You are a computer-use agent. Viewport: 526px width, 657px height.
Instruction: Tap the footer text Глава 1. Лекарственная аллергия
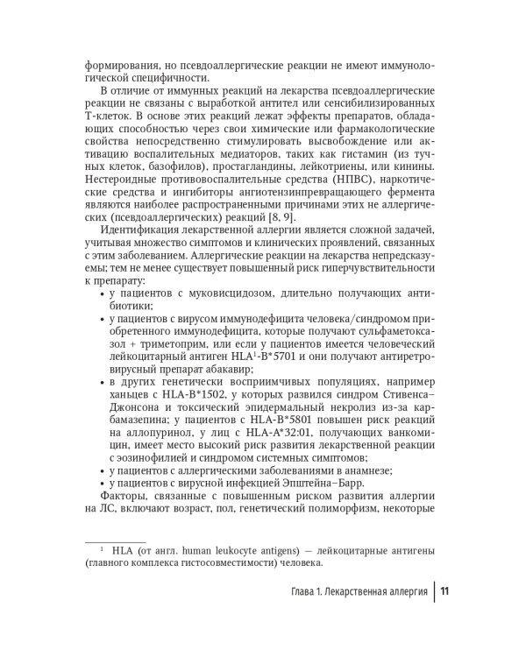pyautogui.click(x=359, y=591)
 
